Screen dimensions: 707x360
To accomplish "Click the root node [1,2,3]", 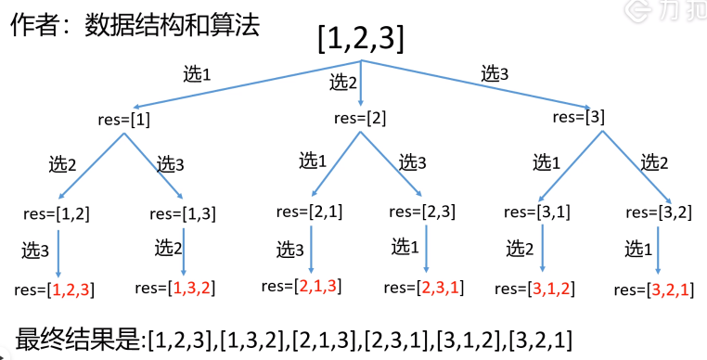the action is coord(360,40).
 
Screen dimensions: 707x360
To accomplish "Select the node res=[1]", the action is coord(123,121).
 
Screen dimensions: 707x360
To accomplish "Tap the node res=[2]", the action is coord(360,119).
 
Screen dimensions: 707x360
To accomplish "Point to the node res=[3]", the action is coord(578,117).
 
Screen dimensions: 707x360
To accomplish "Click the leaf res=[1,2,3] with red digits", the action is coord(55,289).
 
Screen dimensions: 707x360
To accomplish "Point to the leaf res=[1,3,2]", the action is coord(175,288).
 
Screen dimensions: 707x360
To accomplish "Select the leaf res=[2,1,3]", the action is coord(302,286).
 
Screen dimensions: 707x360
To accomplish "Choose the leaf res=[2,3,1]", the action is coord(423,288).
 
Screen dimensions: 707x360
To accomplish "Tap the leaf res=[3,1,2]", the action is coord(534,289).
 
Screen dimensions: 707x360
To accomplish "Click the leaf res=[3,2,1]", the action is coord(654,290).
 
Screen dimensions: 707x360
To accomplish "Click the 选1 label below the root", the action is coord(197,74).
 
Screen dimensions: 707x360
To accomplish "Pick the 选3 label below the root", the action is coord(495,73).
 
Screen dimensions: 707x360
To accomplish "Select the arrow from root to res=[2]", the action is coord(361,83).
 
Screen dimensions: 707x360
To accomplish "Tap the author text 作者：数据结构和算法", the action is coord(135,25).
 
